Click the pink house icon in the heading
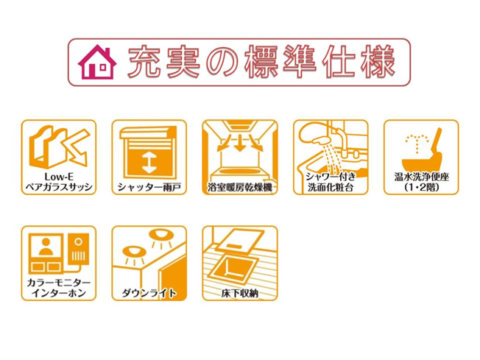[97, 62]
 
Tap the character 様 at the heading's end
[378, 62]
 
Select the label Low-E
[58, 177]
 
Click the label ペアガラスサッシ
[58, 187]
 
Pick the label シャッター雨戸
[149, 187]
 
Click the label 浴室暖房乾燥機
[240, 187]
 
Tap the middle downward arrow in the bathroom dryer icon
[240, 144]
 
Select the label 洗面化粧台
[331, 187]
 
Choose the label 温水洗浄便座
[421, 177]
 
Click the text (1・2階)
[421, 187]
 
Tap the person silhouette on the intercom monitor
[46, 247]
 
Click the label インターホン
[58, 293]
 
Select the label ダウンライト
[149, 293]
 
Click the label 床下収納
[240, 293]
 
